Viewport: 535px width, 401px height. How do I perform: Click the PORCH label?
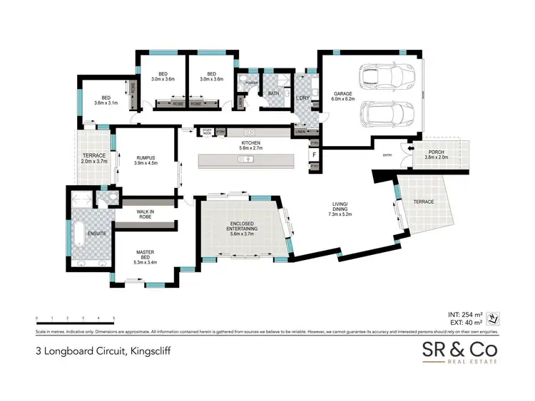click(x=437, y=153)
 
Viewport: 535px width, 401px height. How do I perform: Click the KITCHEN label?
click(x=251, y=144)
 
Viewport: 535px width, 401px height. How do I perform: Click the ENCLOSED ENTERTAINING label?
click(x=240, y=226)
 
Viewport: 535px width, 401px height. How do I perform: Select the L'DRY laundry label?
click(x=302, y=98)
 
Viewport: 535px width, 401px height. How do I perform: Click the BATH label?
click(x=273, y=93)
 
